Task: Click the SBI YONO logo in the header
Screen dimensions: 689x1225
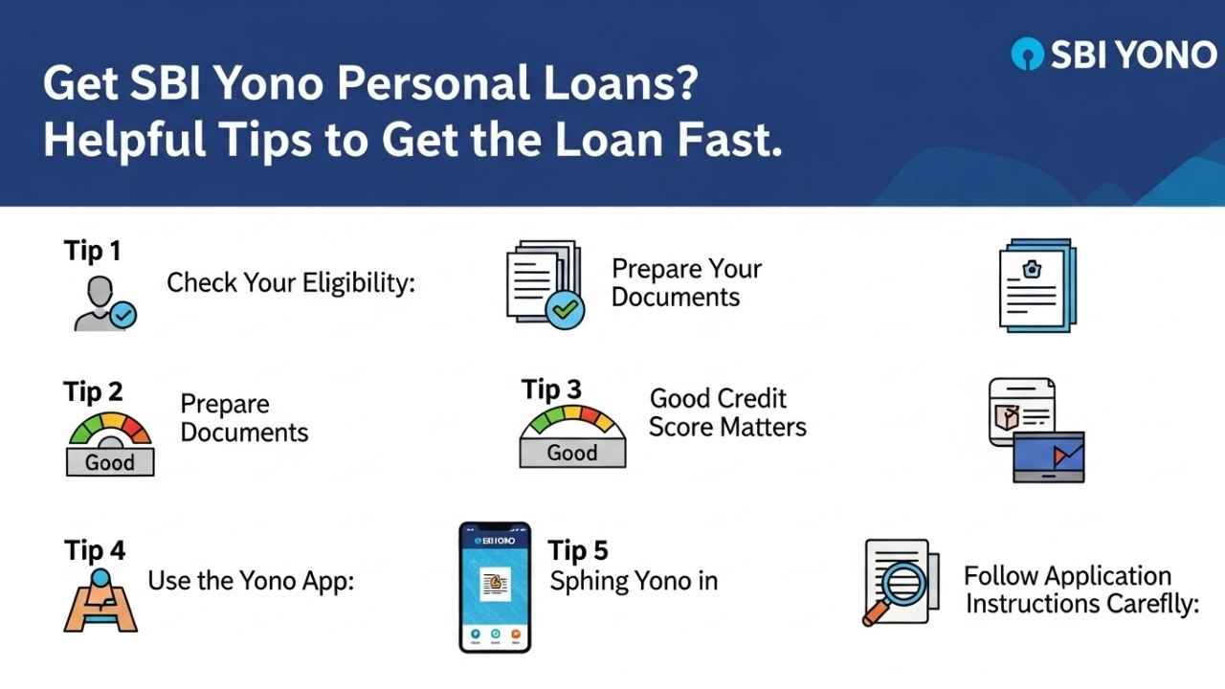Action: point(1113,56)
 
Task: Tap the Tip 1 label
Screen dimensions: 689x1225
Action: point(93,252)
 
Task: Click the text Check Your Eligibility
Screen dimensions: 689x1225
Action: point(291,283)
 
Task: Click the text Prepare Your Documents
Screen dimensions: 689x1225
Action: point(686,282)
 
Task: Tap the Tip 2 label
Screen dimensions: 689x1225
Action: point(94,391)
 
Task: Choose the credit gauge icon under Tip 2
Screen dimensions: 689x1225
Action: point(110,444)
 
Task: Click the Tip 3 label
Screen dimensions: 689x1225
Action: point(551,390)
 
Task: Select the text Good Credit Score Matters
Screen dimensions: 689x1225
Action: point(727,412)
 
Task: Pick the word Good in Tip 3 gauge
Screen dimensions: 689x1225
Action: point(572,453)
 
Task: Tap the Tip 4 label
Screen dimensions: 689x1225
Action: point(95,551)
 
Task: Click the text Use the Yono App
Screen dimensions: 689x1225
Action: point(251,580)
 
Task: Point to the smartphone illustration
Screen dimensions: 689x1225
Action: point(495,587)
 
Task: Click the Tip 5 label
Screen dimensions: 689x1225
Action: point(578,551)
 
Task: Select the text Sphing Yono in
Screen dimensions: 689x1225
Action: point(634,581)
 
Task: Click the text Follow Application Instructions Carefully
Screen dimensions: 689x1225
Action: point(1080,590)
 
